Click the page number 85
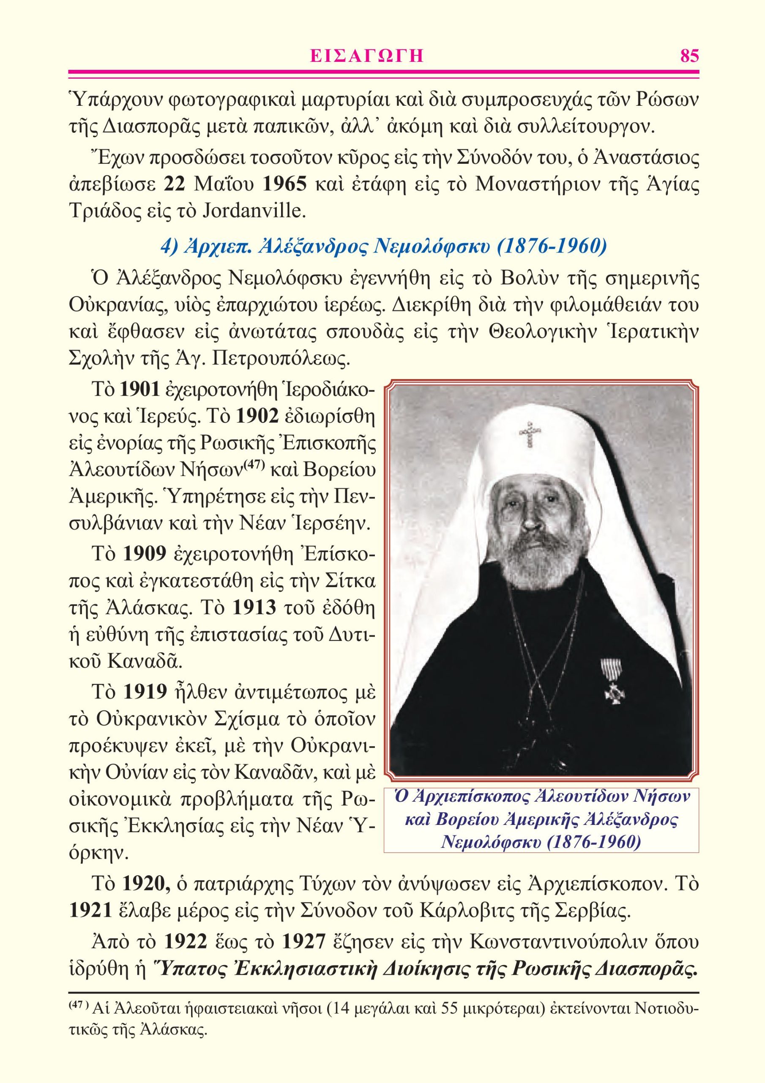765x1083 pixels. click(x=689, y=56)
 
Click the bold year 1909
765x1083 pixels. click(x=144, y=555)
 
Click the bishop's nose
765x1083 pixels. click(x=530, y=520)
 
